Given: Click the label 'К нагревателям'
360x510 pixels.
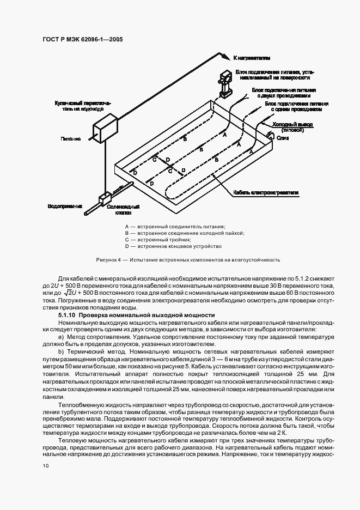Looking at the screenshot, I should (x=252, y=57).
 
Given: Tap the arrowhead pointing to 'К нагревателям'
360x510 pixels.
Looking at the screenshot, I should (x=227, y=57).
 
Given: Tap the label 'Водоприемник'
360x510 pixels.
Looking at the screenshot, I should (x=65, y=207).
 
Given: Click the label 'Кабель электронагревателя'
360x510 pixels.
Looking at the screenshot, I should (x=266, y=192).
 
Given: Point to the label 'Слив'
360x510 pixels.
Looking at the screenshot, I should (x=283, y=138).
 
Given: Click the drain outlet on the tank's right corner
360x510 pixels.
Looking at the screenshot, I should (x=270, y=134).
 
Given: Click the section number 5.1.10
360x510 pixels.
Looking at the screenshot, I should (x=68, y=315).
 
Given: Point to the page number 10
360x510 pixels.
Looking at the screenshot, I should (x=46, y=466).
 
